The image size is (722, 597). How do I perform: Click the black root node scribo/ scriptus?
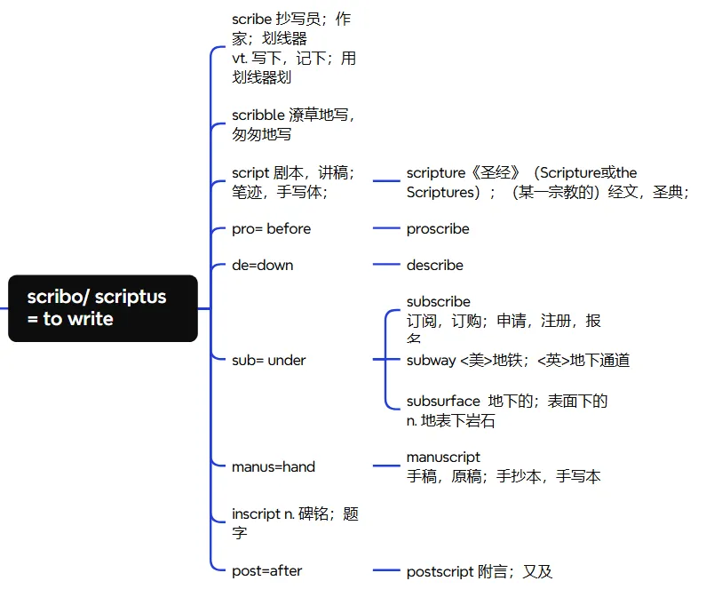tap(102, 307)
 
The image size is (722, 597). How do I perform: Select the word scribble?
tap(258, 115)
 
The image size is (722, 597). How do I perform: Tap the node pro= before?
tap(271, 228)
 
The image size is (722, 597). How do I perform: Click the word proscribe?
tap(438, 228)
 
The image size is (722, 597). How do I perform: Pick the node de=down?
tap(262, 265)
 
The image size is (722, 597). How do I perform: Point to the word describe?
tap(434, 265)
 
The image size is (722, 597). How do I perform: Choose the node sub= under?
tap(268, 360)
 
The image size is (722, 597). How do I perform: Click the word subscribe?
tap(439, 302)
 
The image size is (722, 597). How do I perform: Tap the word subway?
tap(432, 360)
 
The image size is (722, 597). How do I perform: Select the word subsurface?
tap(443, 402)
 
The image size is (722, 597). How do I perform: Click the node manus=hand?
tap(274, 466)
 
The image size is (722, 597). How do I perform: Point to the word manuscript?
tap(443, 458)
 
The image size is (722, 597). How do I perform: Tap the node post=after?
tap(266, 570)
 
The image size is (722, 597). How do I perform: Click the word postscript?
tap(440, 571)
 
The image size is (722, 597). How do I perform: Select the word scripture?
tap(436, 173)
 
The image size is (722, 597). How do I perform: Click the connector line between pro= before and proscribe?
tap(386, 228)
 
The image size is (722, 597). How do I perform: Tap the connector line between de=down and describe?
tap(386, 265)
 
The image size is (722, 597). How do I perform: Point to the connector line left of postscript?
tap(386, 570)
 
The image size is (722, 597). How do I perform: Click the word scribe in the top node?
tap(252, 20)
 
